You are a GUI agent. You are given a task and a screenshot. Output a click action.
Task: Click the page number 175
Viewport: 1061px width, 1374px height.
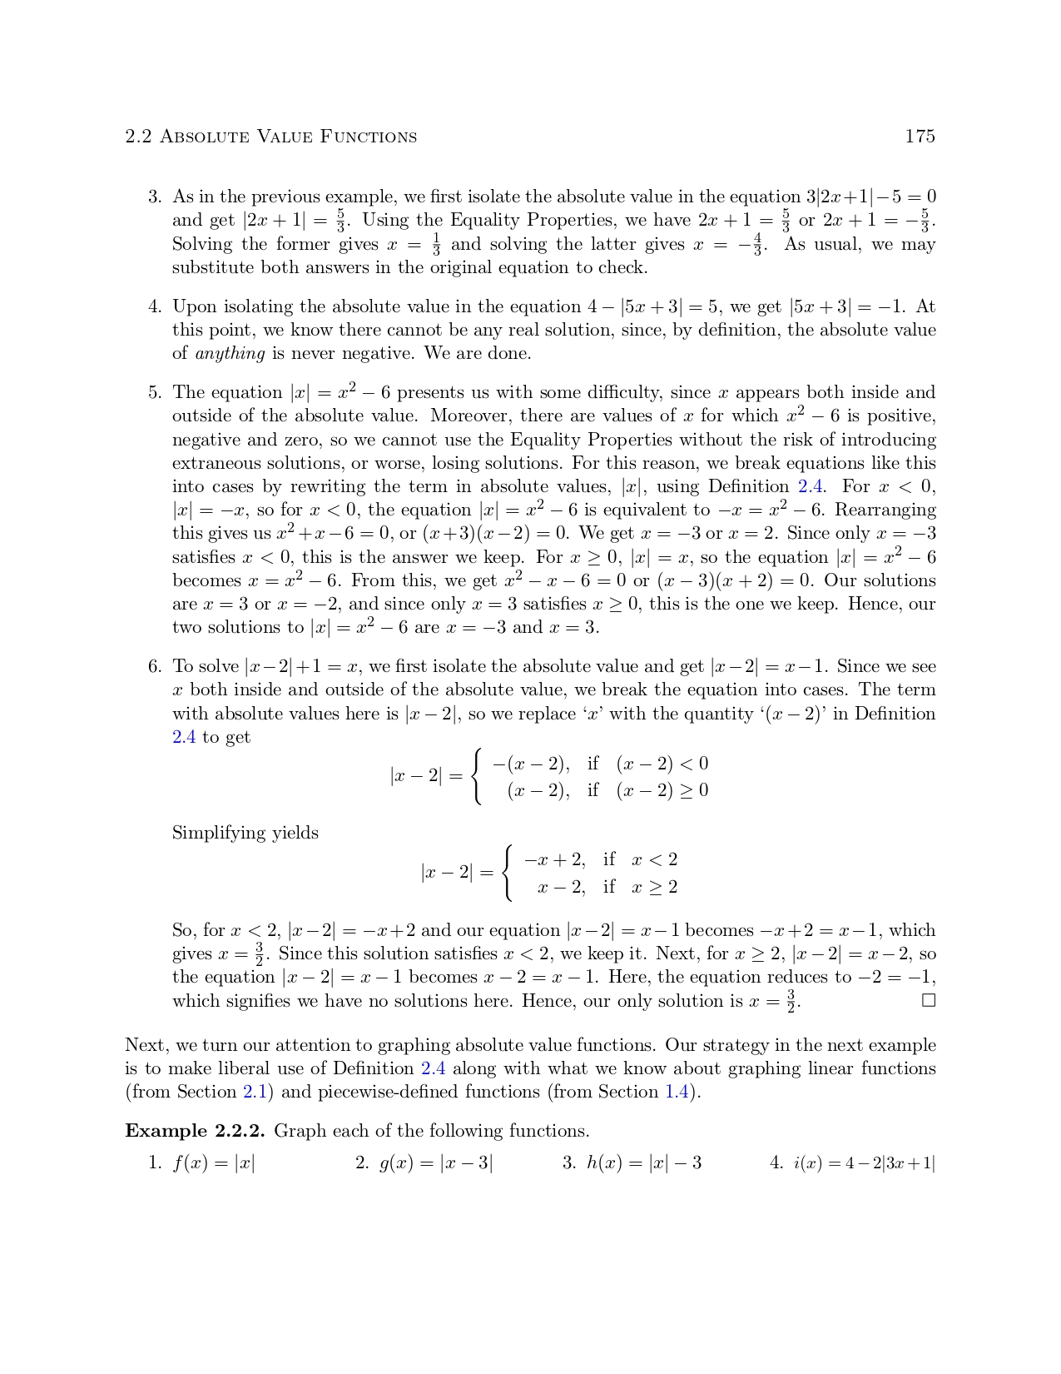tap(920, 137)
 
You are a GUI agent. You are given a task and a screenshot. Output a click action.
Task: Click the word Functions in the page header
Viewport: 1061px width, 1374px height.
tap(369, 137)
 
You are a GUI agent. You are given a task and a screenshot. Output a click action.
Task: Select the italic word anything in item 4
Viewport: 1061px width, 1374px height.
tap(230, 353)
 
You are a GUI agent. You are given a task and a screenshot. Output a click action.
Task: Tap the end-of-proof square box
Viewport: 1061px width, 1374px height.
tap(929, 1000)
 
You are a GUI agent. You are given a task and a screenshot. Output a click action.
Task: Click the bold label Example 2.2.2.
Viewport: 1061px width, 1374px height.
tap(195, 1131)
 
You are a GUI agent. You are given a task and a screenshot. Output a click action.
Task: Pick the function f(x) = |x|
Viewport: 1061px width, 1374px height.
tap(214, 1163)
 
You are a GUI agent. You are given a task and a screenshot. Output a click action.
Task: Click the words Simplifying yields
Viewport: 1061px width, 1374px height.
tap(245, 833)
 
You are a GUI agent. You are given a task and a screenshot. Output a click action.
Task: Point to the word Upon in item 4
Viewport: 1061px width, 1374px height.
tap(192, 307)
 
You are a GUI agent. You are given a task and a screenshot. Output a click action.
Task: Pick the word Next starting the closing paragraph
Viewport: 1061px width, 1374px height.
tap(143, 1045)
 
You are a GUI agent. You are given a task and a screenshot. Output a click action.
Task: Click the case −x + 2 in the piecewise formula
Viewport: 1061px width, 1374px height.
tap(554, 859)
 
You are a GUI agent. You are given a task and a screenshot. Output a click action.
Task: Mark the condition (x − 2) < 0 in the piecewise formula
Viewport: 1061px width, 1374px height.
tap(662, 764)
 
